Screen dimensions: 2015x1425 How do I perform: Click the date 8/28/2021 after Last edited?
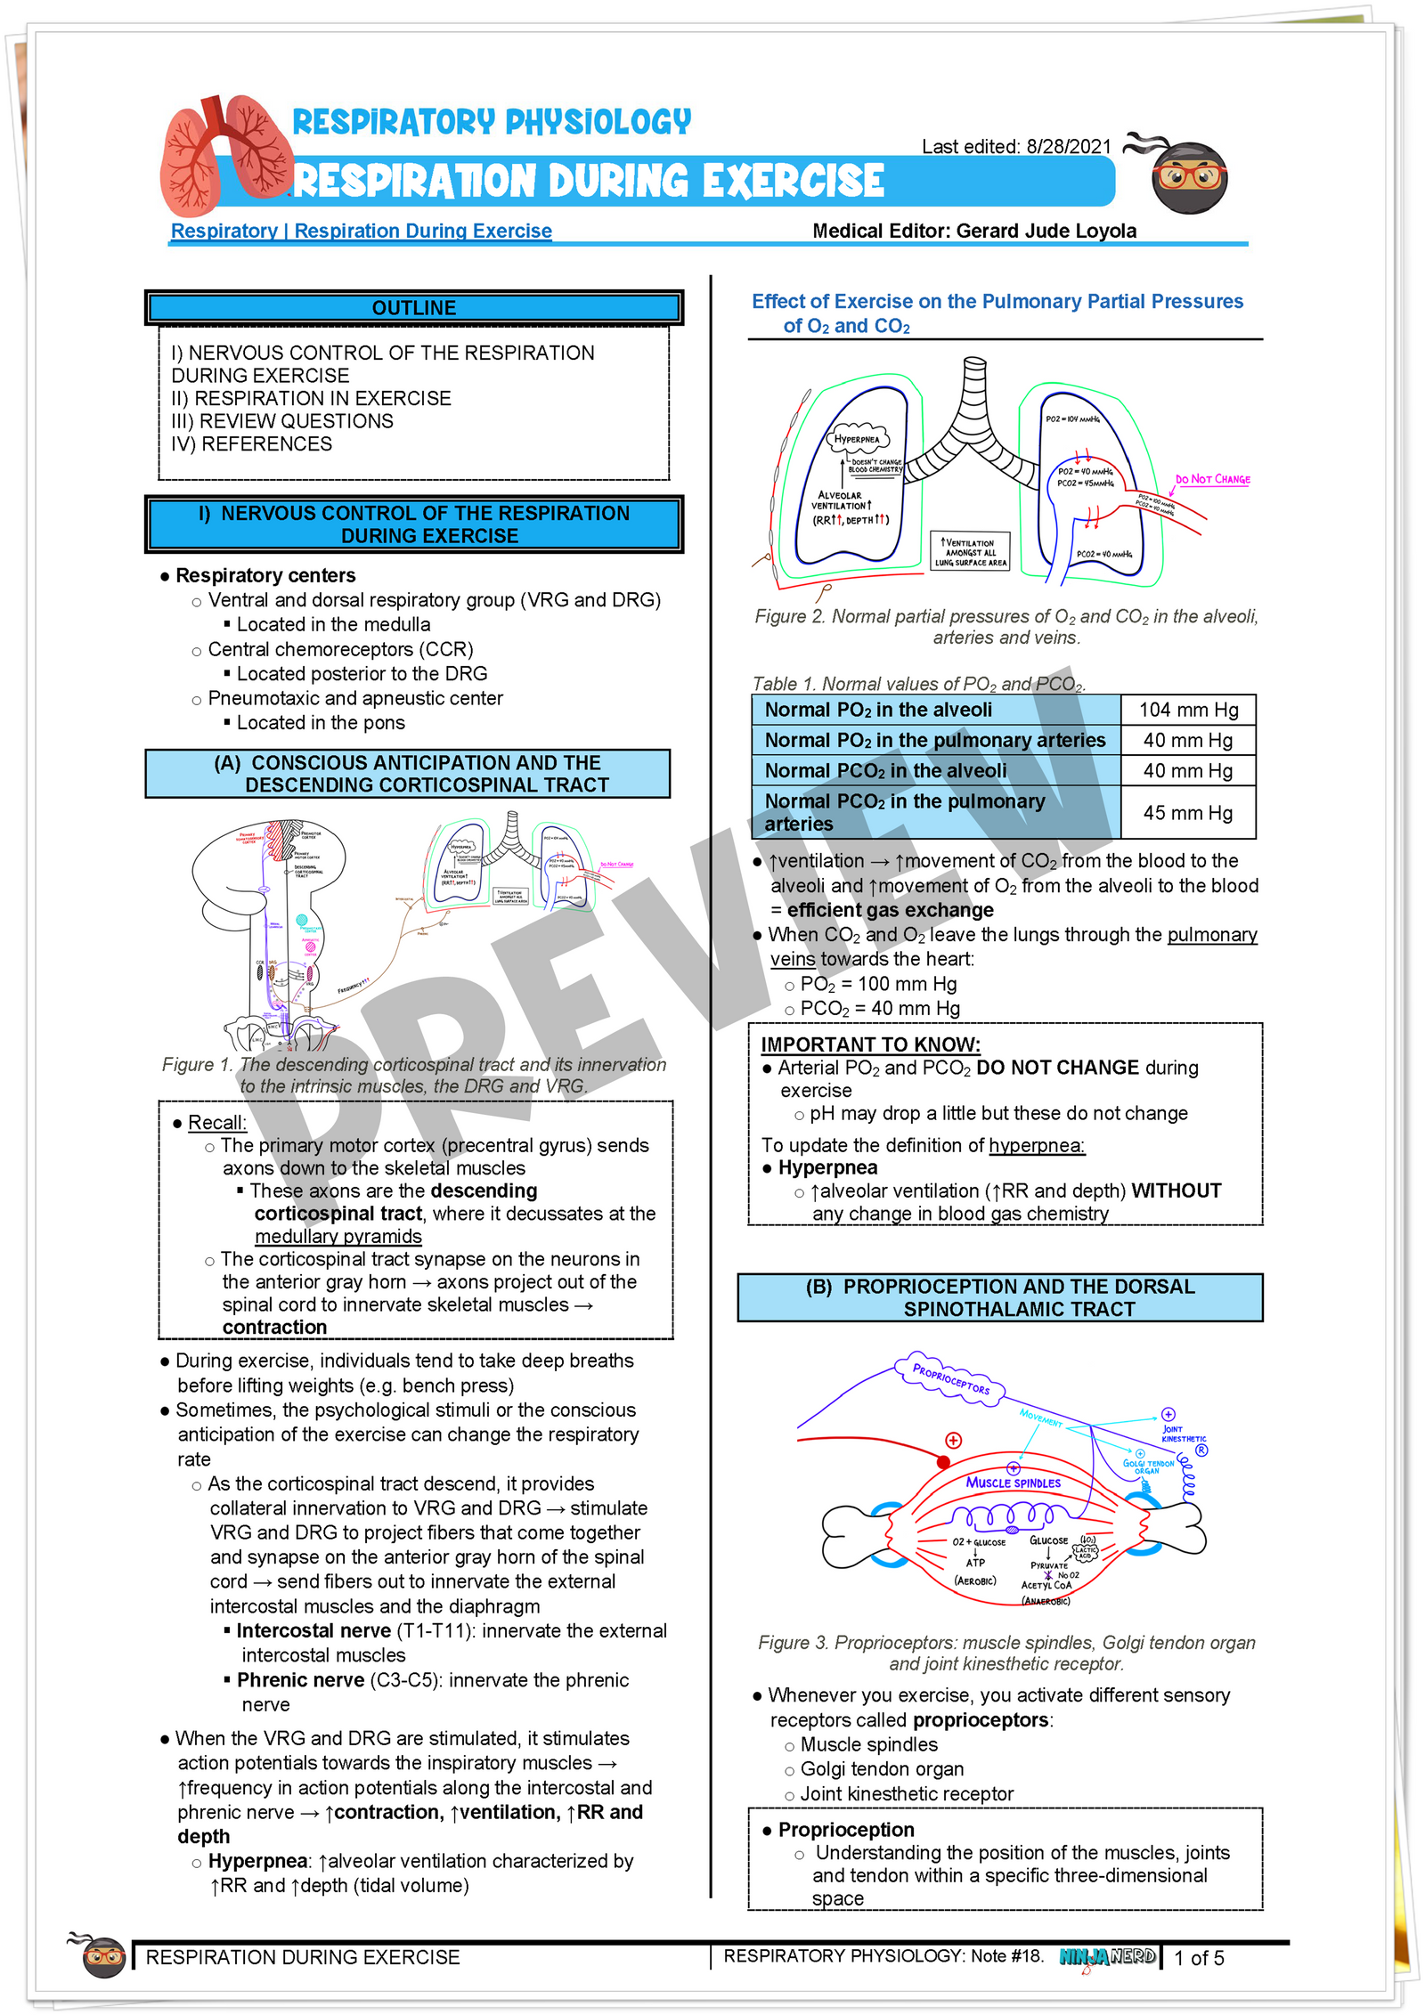pos(1069,146)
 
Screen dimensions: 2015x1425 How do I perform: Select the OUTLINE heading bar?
pos(413,308)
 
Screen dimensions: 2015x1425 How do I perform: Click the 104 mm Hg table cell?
pos(1188,710)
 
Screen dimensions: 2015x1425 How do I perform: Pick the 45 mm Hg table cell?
pos(1188,812)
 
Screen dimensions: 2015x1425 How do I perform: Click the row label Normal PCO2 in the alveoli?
pos(885,770)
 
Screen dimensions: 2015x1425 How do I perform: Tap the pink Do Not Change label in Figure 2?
pos(1212,479)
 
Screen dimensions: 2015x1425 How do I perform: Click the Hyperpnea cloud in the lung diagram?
pos(856,439)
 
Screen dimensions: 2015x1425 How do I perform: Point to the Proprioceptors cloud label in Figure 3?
pos(950,1377)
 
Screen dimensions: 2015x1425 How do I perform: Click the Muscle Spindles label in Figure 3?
pos(1014,1483)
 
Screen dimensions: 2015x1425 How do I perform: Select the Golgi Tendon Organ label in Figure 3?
pos(1147,1467)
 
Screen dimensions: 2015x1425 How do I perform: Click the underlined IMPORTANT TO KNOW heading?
pos(869,1044)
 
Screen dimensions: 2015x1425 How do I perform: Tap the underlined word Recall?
pos(216,1122)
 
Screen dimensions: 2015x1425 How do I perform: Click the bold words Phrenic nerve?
pos(300,1679)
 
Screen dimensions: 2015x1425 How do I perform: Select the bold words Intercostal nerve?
pos(313,1630)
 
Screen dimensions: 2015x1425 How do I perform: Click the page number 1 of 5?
pos(1199,1958)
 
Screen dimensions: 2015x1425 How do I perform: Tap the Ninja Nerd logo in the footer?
pos(1107,1956)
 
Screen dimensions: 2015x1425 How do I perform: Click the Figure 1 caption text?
pos(413,1075)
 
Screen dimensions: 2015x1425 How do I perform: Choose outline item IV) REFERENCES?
pos(251,443)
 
